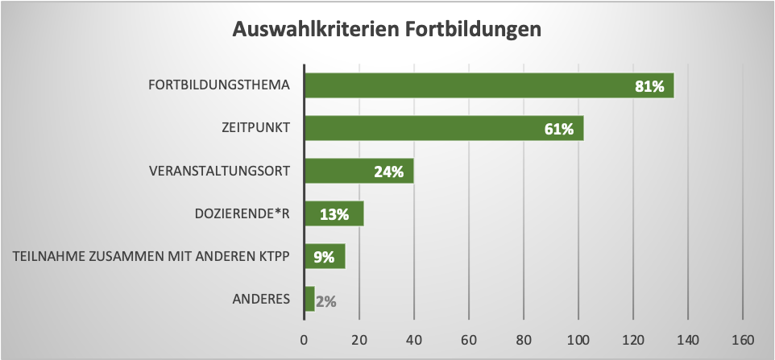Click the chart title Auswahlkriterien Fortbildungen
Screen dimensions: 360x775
387,29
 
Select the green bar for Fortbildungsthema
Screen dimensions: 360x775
467,85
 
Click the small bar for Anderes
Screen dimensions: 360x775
309,299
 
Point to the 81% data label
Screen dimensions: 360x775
649,86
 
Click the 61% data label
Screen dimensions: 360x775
558,129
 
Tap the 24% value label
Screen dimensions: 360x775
388,172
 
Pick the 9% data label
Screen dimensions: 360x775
324,258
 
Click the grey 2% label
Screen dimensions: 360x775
325,301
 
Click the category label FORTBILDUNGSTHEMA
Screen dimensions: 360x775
219,85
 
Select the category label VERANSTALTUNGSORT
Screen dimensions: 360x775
220,171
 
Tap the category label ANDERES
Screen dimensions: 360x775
261,299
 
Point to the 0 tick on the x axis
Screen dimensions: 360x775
304,338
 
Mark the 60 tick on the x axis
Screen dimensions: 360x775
469,338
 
